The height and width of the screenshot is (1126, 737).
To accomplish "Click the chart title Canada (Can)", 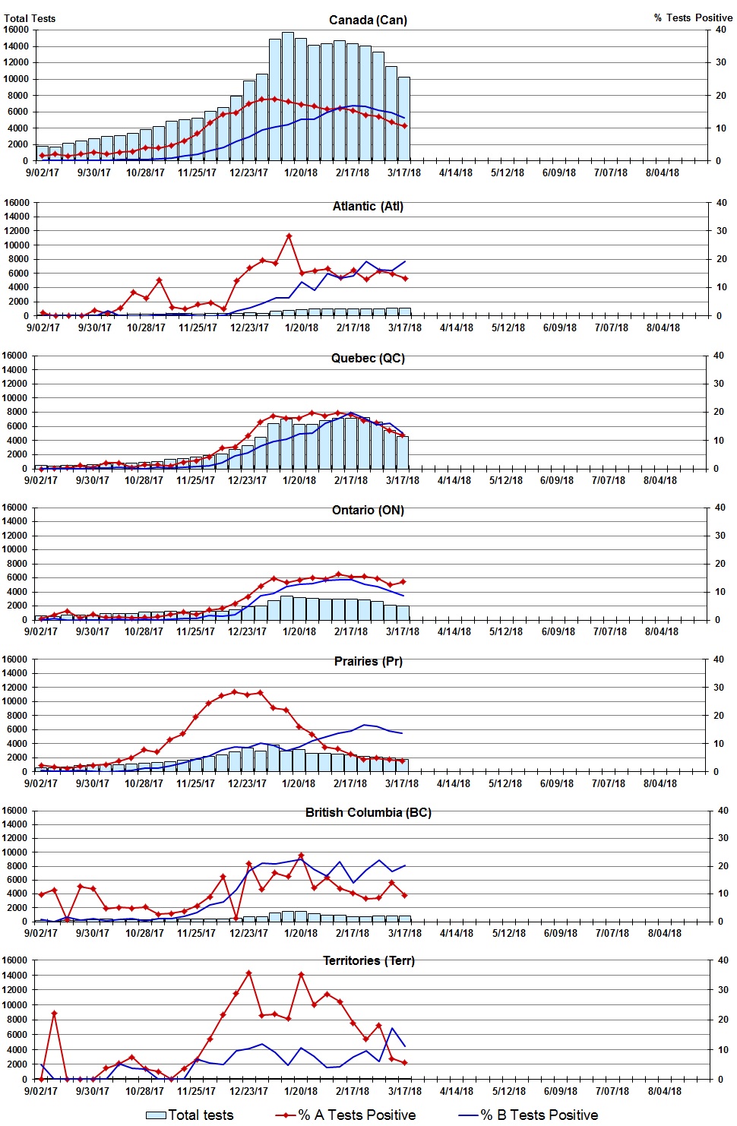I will (x=368, y=20).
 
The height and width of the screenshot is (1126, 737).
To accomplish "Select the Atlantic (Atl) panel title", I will (x=368, y=206).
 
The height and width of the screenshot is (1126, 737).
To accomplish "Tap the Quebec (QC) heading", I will (x=368, y=358).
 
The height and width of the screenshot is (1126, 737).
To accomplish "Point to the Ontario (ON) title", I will (x=368, y=510).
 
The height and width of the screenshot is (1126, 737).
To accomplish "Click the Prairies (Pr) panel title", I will (x=368, y=661).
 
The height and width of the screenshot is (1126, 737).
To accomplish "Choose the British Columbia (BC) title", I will (x=368, y=812).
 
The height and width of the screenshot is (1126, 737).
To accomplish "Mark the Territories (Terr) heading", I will (x=368, y=960).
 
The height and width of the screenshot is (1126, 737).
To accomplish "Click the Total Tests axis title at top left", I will (x=30, y=18).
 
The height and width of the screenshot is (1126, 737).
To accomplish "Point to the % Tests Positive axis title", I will (x=693, y=17).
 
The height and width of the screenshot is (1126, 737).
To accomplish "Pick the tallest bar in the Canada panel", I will (x=288, y=95).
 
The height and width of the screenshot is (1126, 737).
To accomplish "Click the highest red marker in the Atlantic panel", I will (x=289, y=236).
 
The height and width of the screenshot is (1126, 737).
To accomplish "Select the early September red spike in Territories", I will (x=54, y=1013).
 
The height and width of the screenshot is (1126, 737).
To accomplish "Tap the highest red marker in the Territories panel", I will (x=249, y=973).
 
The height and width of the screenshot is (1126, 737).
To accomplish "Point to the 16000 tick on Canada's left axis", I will (x=16, y=30).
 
